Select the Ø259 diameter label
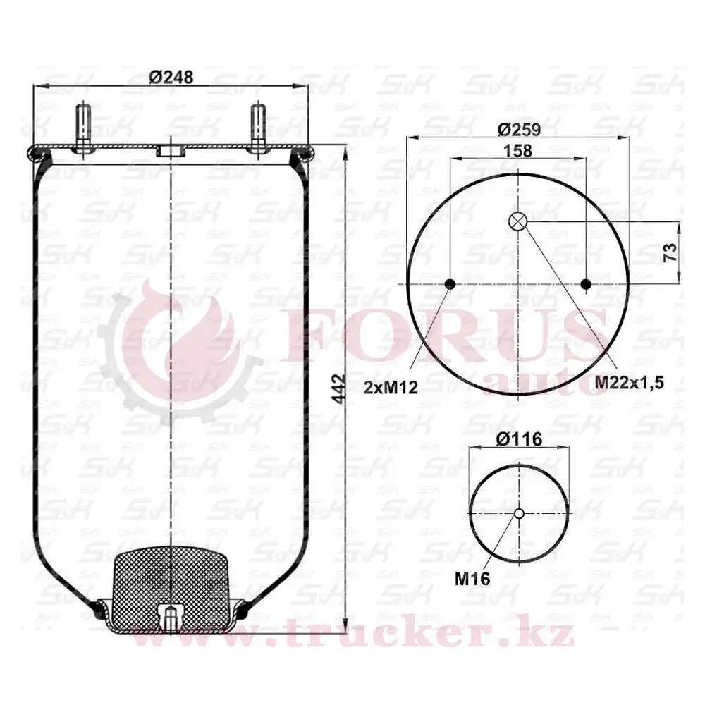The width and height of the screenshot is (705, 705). tap(518, 130)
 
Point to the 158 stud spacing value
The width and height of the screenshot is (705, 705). tap(518, 150)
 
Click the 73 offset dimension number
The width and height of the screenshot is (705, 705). tap(670, 252)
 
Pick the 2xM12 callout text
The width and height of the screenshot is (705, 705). tap(391, 387)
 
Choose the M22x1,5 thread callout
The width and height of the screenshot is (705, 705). tap(630, 383)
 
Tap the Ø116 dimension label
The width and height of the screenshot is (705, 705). tap(520, 439)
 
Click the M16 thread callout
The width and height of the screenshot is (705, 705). tap(472, 579)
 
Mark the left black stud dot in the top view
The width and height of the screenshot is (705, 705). tap(450, 284)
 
